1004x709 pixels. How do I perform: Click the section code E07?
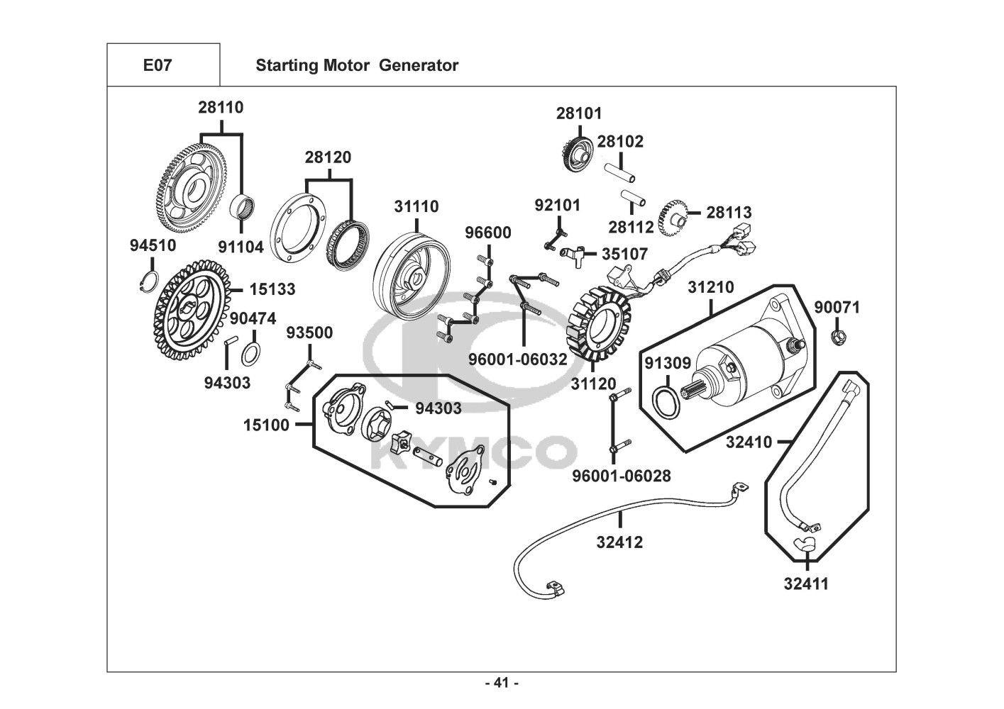158,65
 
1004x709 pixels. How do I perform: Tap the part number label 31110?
417,206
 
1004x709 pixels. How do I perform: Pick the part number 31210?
710,288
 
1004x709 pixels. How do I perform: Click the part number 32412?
619,542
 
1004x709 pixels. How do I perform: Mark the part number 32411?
806,584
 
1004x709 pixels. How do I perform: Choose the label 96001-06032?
518,359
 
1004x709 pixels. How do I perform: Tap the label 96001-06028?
622,476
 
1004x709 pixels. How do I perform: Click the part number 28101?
579,113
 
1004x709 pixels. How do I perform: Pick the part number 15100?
266,425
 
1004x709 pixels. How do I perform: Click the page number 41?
502,683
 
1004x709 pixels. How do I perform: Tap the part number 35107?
624,253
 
